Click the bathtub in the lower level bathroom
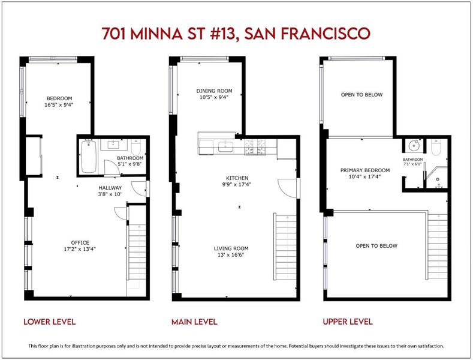click(89, 156)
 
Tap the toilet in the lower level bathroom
click(136, 147)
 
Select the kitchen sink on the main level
click(225, 146)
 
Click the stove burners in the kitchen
click(255, 147)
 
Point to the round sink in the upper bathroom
click(414, 146)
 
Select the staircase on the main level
click(285, 247)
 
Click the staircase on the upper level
click(437, 247)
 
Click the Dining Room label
click(214, 91)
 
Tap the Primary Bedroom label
click(365, 170)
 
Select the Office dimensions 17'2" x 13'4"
click(80, 249)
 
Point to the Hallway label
click(110, 188)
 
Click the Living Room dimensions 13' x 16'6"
click(231, 255)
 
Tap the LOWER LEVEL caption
click(50, 322)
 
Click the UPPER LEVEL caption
click(348, 322)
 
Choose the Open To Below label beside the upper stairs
click(376, 246)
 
